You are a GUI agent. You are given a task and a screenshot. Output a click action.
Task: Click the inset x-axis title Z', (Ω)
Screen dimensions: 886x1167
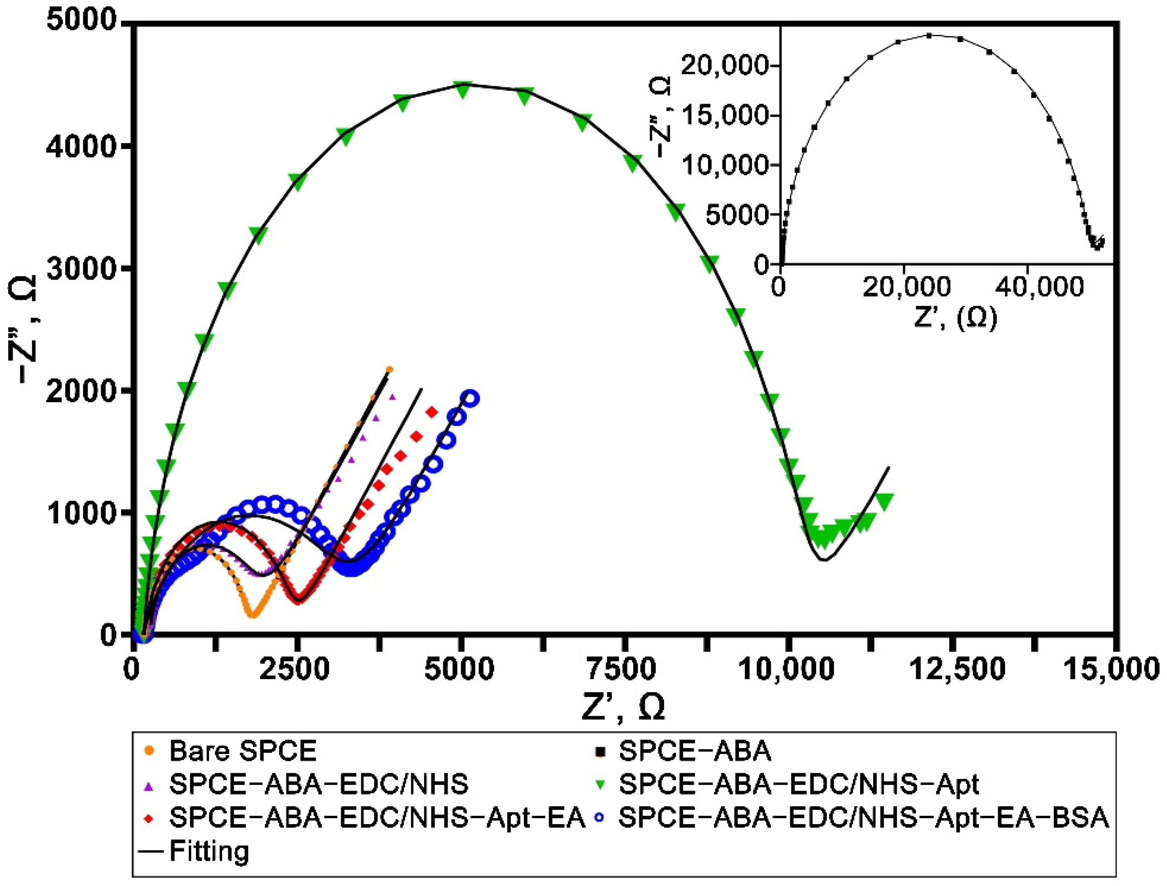coord(955,318)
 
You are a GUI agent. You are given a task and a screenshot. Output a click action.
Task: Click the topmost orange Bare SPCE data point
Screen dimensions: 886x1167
coord(389,369)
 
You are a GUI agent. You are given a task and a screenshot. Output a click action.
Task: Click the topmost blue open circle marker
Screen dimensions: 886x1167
coord(471,399)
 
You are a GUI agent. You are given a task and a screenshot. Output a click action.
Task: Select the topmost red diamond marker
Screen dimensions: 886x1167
coord(432,412)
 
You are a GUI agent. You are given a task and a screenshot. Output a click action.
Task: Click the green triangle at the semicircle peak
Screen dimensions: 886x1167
coord(463,90)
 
